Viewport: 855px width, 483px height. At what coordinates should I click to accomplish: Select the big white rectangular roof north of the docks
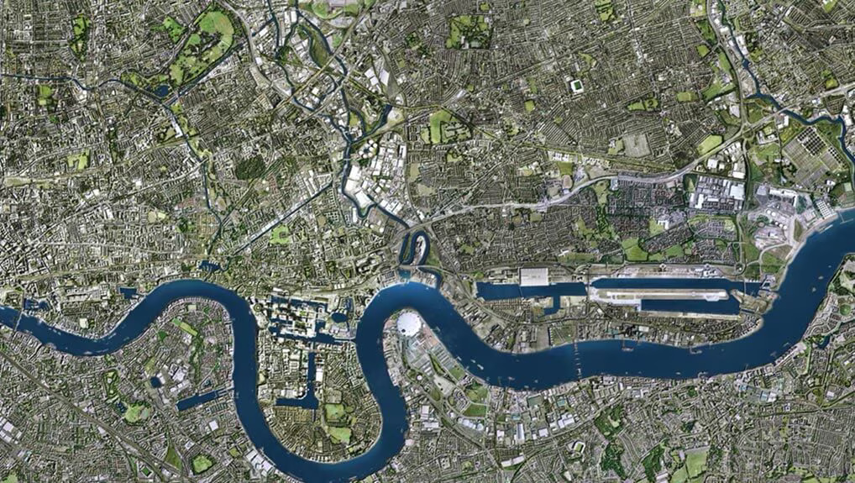click(535, 276)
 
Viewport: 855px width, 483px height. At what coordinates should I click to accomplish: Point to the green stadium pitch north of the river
click(577, 86)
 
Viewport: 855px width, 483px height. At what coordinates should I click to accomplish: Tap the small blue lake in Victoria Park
click(161, 90)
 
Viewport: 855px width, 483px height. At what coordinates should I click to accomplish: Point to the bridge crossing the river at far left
click(18, 317)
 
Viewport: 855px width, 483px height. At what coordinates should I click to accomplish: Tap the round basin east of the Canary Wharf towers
click(338, 318)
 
